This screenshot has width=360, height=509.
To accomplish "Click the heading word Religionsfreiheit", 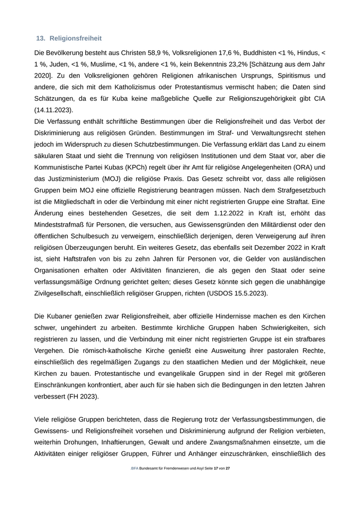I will [x=76, y=38].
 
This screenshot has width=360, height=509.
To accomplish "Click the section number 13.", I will [x=41, y=38].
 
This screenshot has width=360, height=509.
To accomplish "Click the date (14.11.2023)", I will [x=53, y=110].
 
